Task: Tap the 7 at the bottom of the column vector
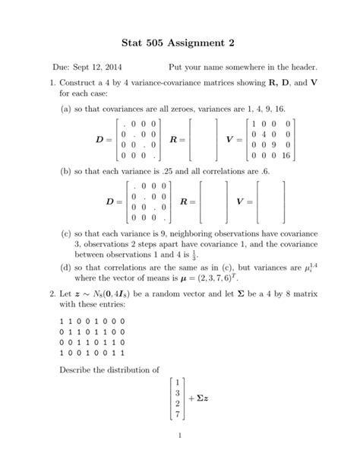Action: click(x=176, y=416)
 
